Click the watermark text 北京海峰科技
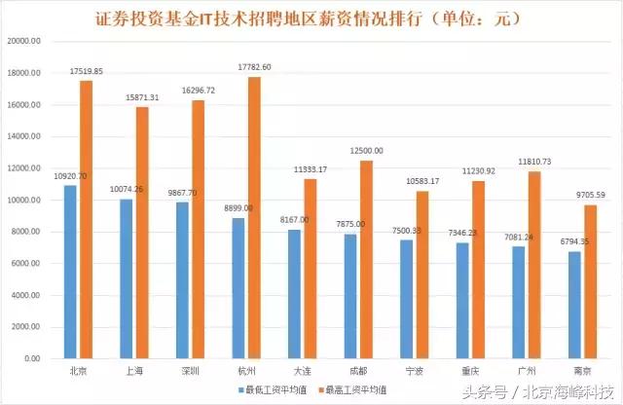click(x=565, y=394)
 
